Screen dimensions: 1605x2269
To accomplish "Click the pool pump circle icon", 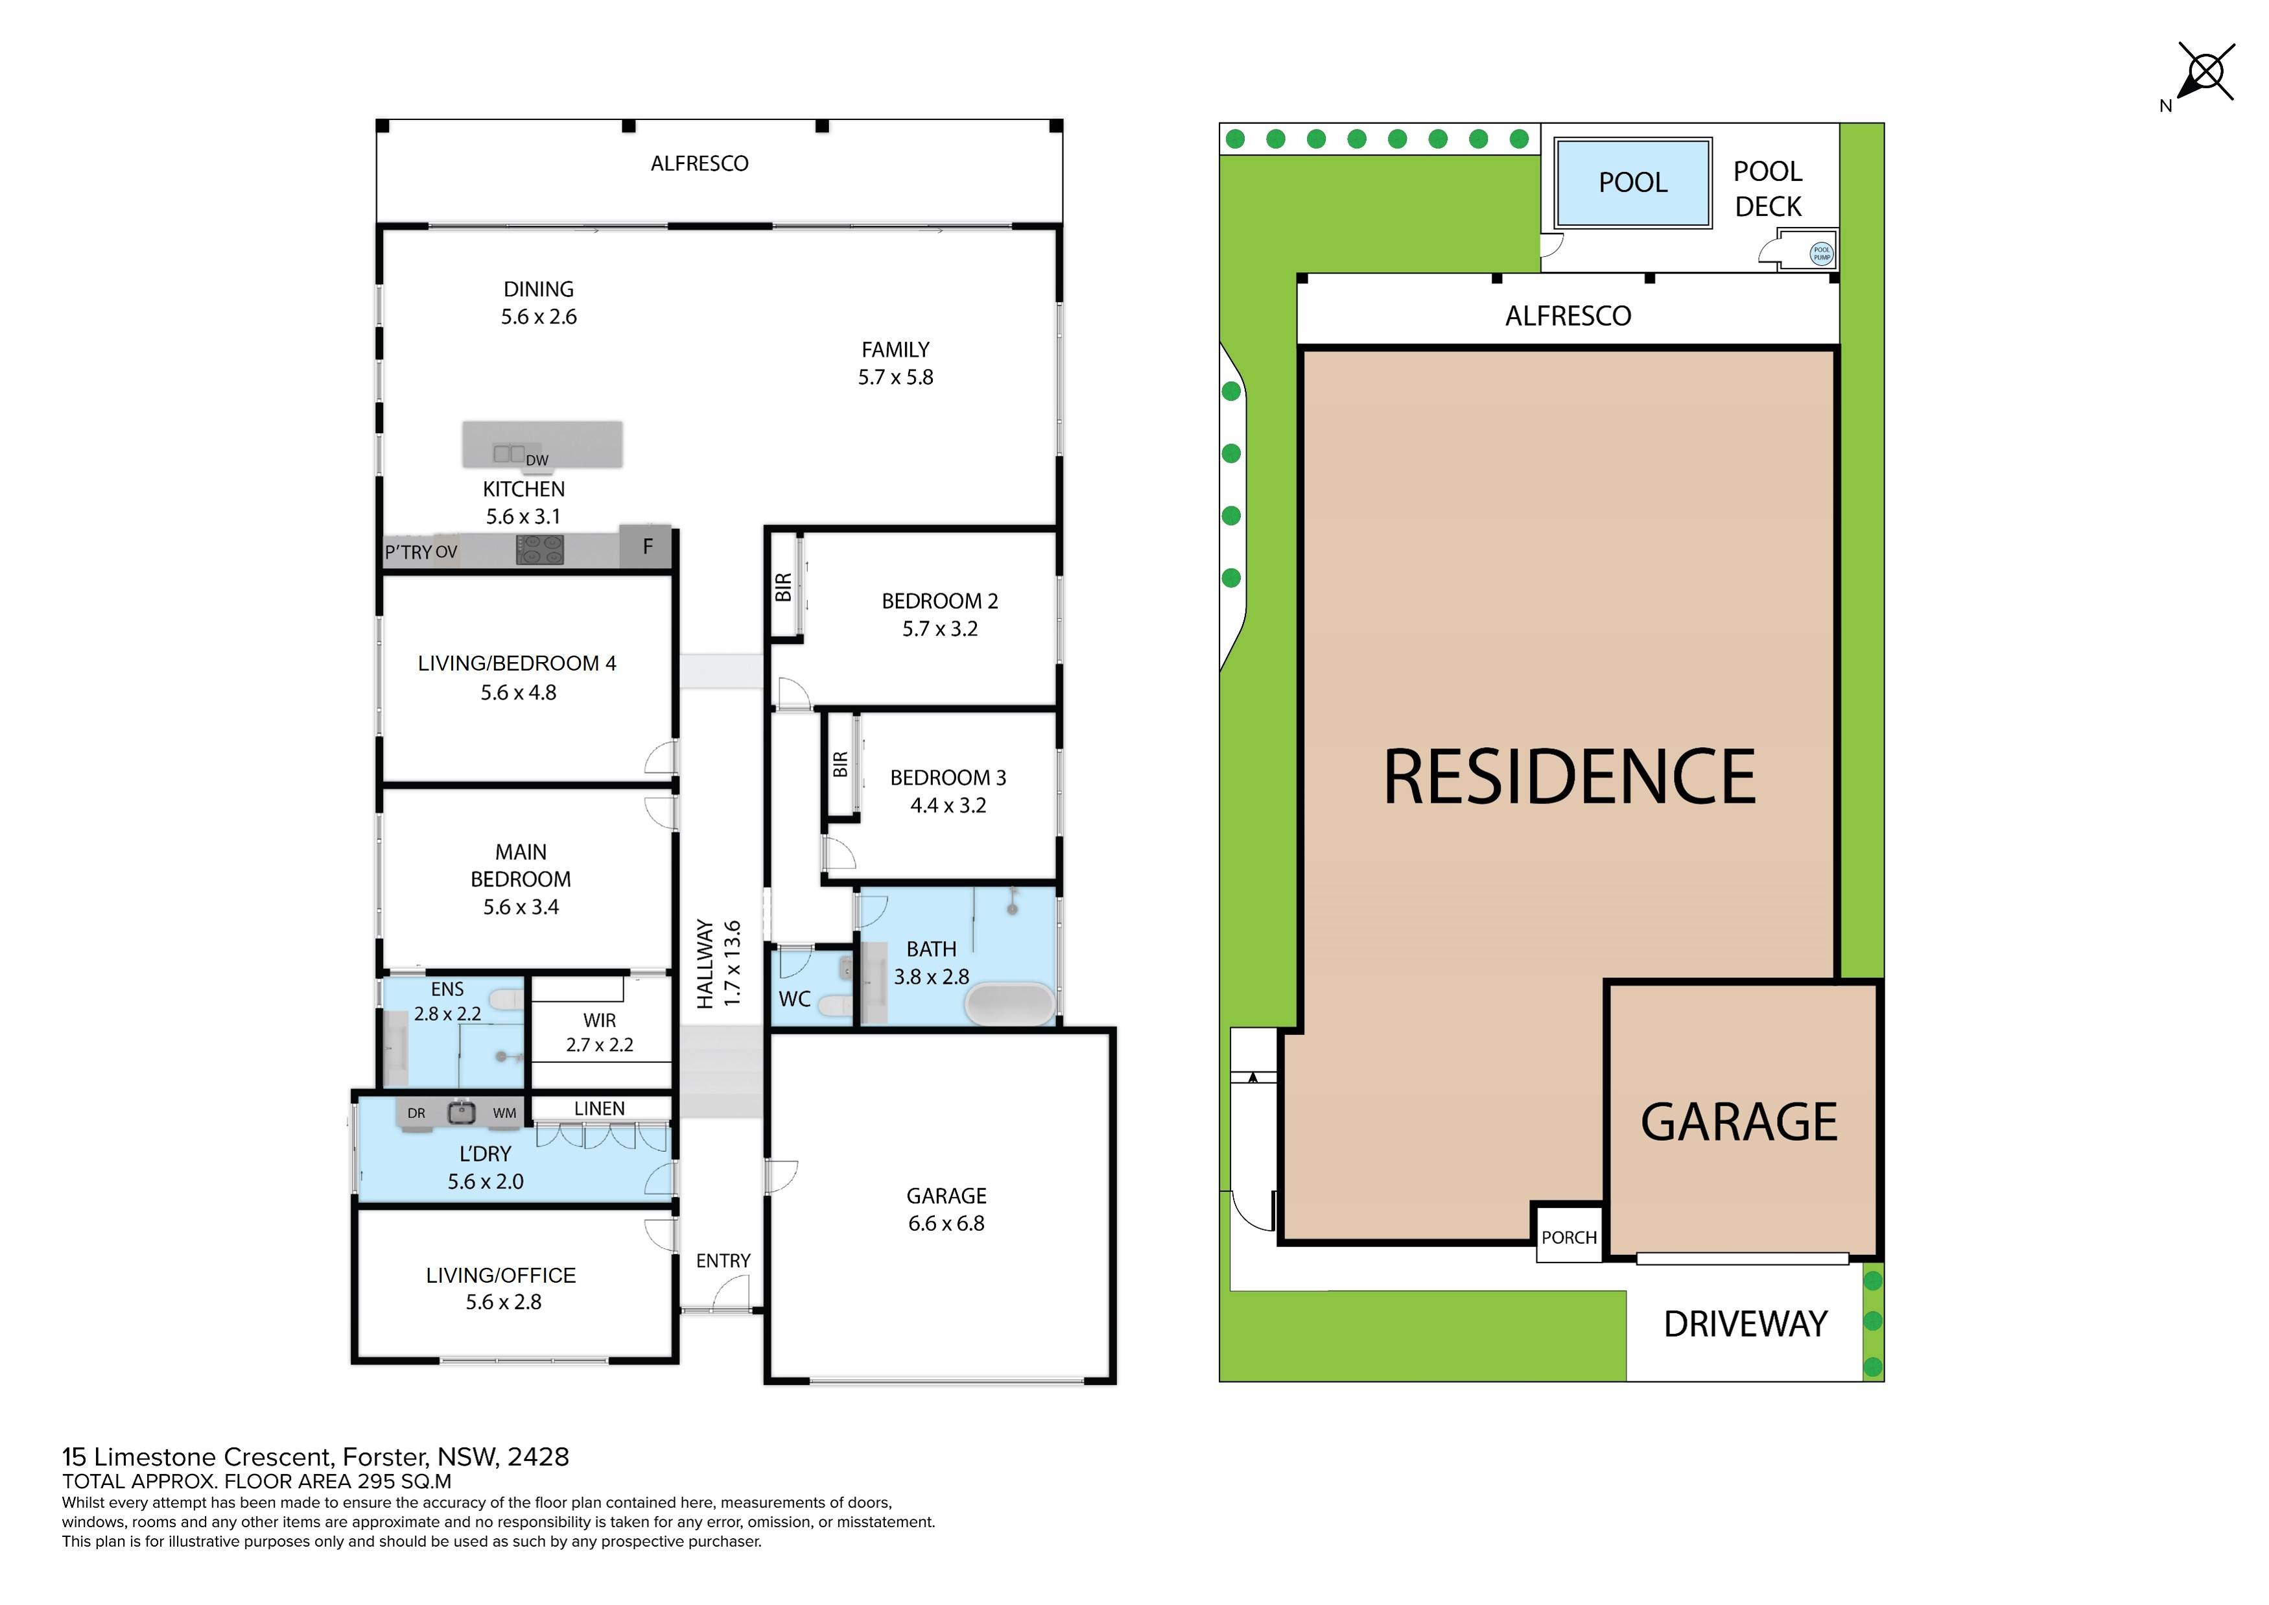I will pos(1820,254).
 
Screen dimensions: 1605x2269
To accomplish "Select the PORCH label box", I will pos(1568,1237).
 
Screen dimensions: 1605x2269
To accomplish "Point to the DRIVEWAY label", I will pos(1745,1324).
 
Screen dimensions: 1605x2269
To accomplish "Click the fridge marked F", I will pos(647,547).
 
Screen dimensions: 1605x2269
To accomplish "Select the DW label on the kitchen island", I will pos(537,460).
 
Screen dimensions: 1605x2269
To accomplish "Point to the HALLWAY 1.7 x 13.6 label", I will pos(718,964).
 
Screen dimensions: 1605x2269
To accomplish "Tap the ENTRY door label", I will pos(722,1261).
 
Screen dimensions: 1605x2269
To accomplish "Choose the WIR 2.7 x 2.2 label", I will pos(599,1032).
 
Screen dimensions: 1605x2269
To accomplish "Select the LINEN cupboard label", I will pos(599,1109).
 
